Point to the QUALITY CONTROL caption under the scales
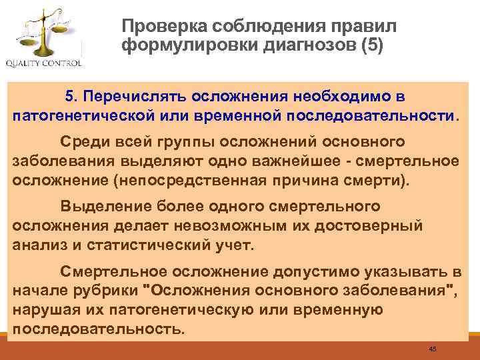[44, 64]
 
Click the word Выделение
[100, 206]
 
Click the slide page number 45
[433, 349]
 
